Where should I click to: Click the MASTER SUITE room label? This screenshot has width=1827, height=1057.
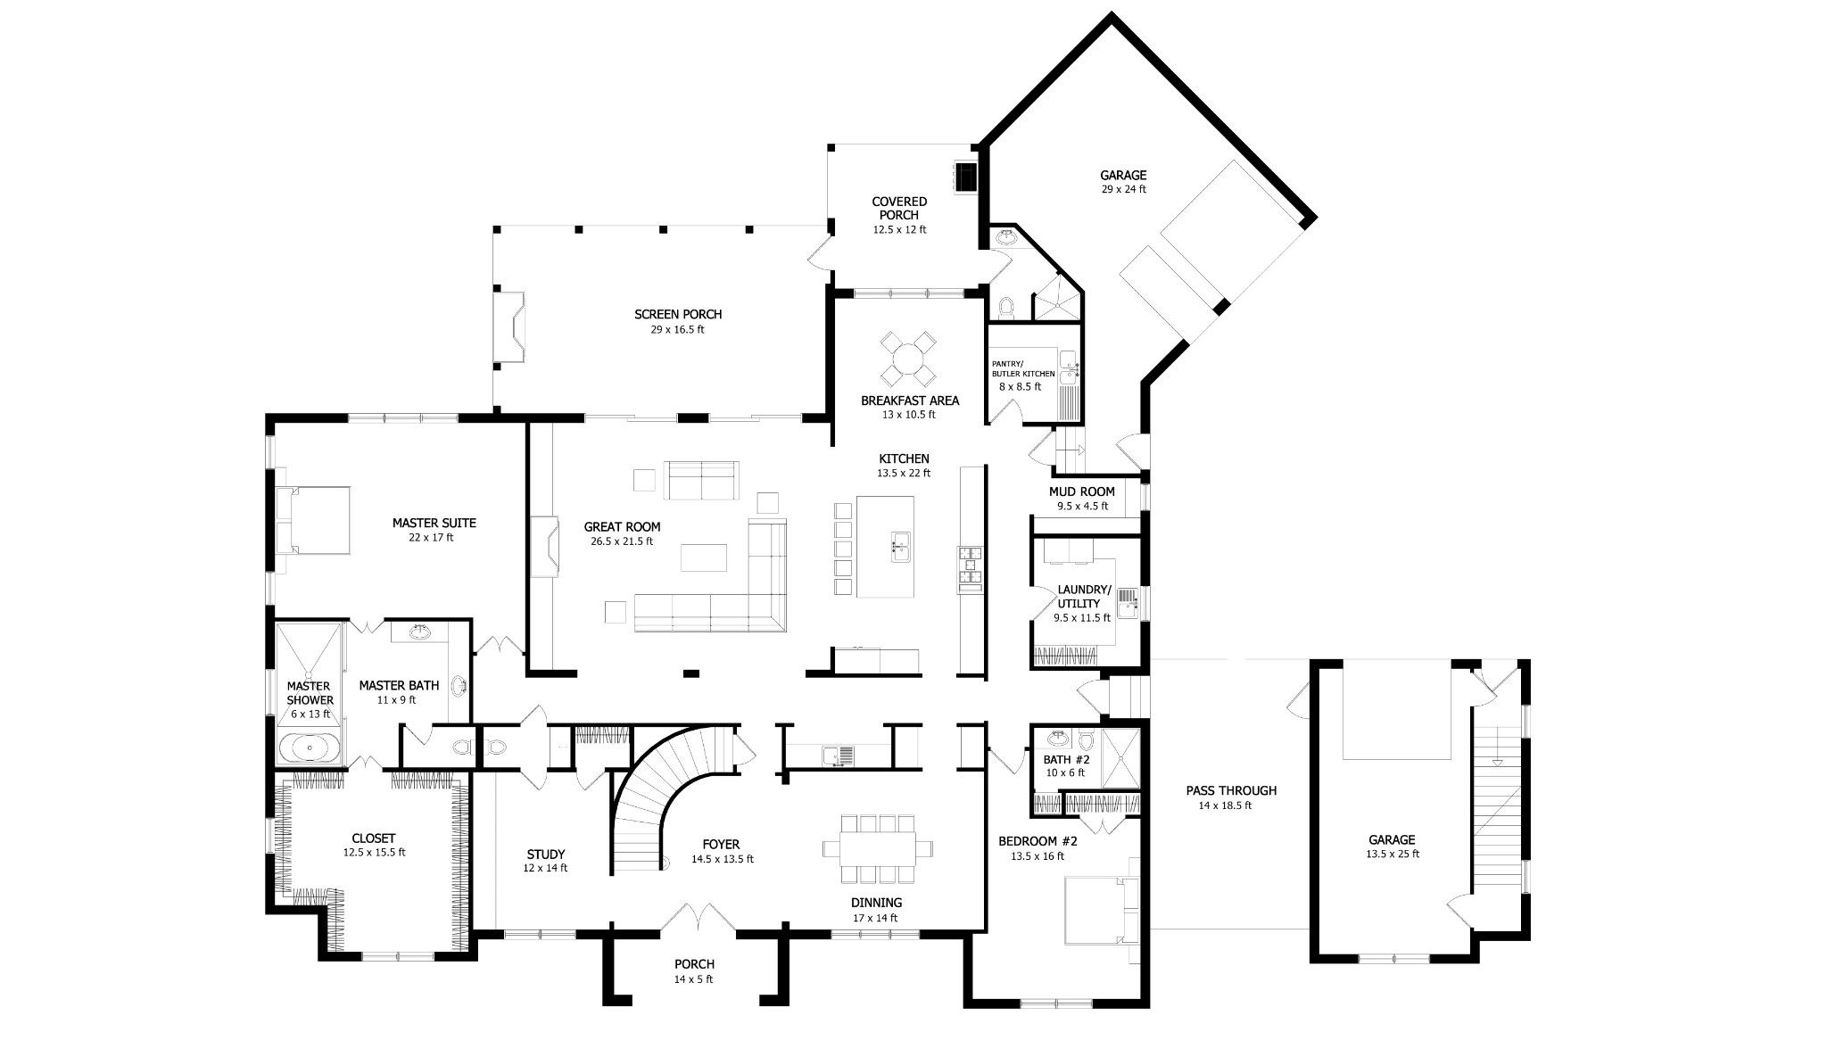click(434, 523)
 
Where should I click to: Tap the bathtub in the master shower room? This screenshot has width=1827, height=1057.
click(309, 747)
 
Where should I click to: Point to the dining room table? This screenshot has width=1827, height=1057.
click(877, 847)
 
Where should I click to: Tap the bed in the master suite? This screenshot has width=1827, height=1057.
click(311, 520)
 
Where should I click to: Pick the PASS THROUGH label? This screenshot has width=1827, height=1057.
click(1231, 790)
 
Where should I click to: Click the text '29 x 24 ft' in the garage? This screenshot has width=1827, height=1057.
click(1123, 189)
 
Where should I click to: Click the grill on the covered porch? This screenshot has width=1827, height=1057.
click(965, 176)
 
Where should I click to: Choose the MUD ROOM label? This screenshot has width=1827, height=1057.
click(1082, 491)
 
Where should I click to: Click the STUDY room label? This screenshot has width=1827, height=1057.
click(545, 855)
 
